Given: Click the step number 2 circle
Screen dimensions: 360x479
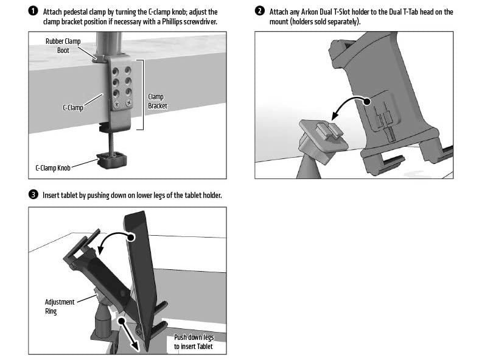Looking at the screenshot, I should [260, 12].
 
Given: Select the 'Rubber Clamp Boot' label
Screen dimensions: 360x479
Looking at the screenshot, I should [63, 46].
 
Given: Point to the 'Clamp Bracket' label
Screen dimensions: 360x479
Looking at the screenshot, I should [156, 101].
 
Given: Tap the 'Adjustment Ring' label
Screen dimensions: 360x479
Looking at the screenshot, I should [60, 306].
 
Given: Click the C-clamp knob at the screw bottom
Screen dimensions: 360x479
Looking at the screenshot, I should [113, 163].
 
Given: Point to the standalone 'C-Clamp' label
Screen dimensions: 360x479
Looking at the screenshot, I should [74, 107].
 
